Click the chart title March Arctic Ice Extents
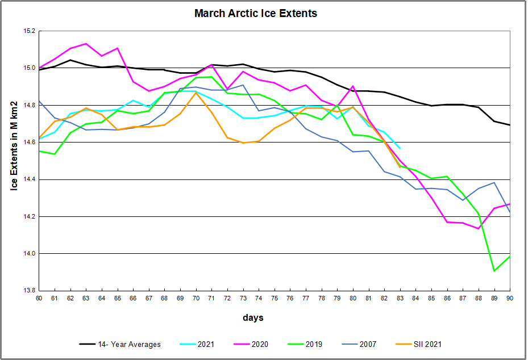(x=256, y=13)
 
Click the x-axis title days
(x=254, y=318)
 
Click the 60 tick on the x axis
(x=39, y=298)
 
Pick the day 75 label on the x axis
(x=274, y=298)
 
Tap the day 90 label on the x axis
(x=509, y=298)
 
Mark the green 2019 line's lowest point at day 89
(x=494, y=271)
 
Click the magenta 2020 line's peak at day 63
(x=86, y=44)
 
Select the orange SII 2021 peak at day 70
(x=196, y=92)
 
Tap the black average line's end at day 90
(x=509, y=125)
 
